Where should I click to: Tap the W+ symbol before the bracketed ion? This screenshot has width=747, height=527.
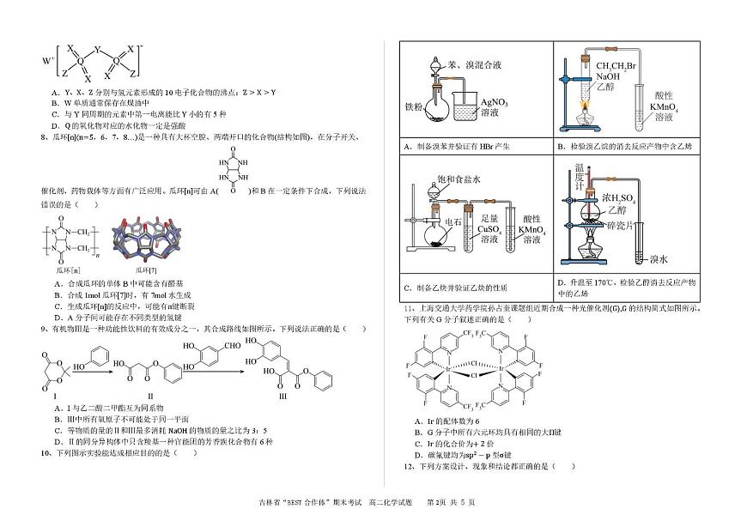click(x=46, y=61)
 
